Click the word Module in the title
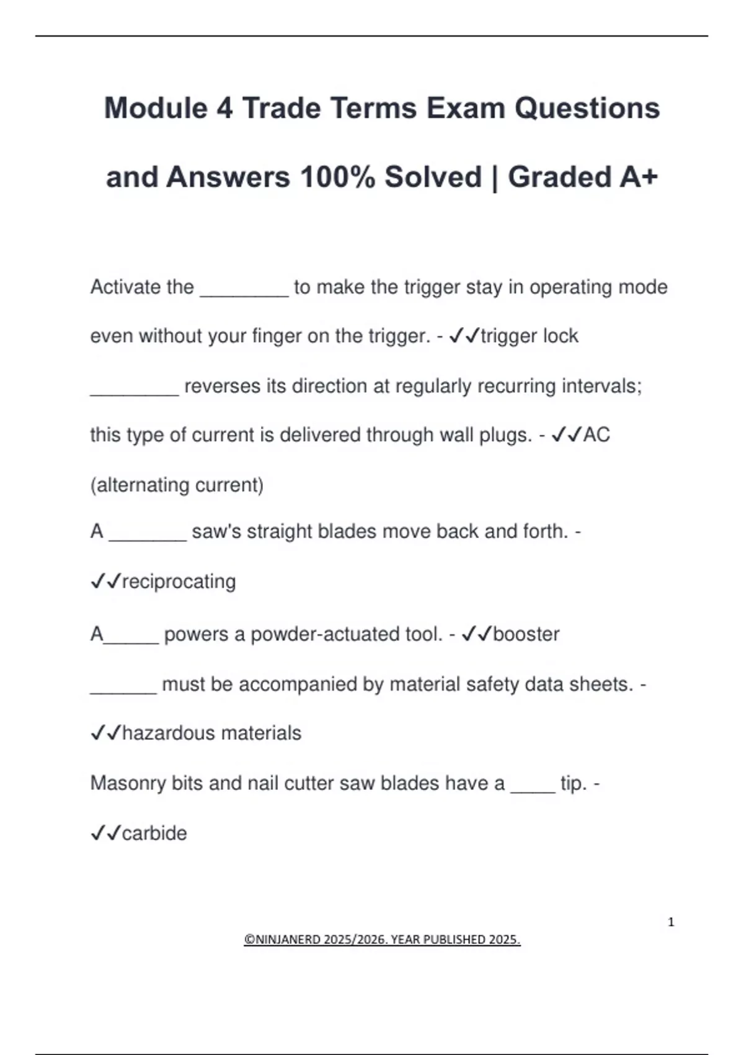(156, 108)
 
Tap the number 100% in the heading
(338, 177)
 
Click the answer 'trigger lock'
(529, 336)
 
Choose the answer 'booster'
(526, 634)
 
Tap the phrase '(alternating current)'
(177, 485)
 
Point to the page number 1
(671, 922)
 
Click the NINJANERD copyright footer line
(382, 940)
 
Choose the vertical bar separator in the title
(495, 178)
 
